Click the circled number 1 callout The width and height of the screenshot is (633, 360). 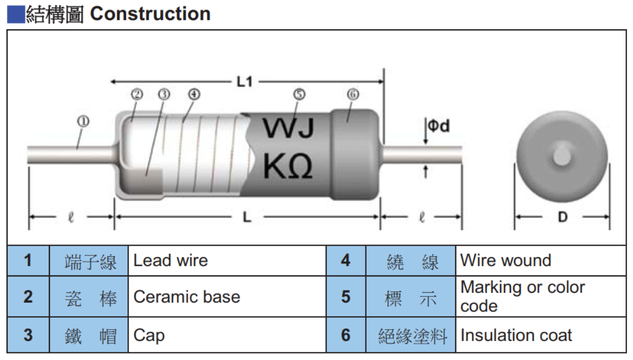coord(83,122)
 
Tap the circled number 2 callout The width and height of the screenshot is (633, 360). coord(136,94)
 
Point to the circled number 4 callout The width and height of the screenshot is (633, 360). coord(194,94)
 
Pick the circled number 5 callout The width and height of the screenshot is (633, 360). coord(299,94)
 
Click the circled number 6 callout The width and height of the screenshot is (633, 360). coord(353,94)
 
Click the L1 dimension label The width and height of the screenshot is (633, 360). coord(245,82)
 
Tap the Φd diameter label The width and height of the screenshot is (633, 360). coord(438,126)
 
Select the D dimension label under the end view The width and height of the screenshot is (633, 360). coord(562,217)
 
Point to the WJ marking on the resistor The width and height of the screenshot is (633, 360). coord(288,129)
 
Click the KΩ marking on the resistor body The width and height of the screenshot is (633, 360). coord(288,166)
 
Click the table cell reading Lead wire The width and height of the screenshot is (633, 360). coord(171,261)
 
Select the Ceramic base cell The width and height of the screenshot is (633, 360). coord(187,297)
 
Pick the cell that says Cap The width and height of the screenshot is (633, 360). coord(149,336)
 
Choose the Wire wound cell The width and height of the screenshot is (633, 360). coord(506,261)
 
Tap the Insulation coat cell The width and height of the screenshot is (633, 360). coord(516,336)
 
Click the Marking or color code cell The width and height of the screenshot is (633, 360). coord(522,296)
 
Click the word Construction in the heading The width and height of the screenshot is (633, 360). coord(150,14)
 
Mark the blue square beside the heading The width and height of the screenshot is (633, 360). coord(16,14)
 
